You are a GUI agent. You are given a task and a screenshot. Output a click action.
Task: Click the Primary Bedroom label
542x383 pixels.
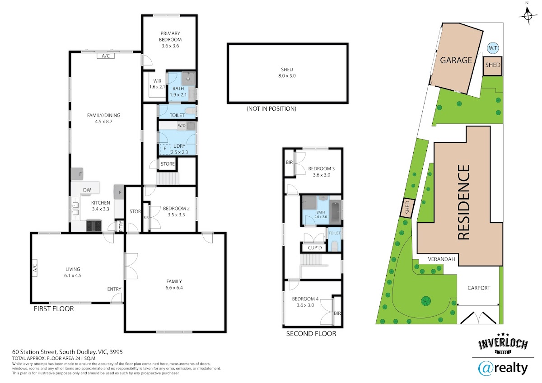click(x=170, y=39)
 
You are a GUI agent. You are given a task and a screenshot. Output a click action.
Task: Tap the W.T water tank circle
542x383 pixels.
click(x=493, y=48)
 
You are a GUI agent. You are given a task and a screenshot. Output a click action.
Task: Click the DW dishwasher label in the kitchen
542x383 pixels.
click(x=87, y=190)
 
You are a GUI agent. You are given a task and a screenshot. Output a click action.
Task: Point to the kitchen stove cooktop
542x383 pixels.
click(x=93, y=226)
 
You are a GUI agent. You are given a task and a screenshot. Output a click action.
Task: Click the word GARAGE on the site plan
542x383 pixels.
click(x=456, y=60)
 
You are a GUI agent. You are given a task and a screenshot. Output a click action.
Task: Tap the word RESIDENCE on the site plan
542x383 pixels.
click(x=464, y=202)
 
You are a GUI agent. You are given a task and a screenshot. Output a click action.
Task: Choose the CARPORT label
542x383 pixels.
click(x=479, y=288)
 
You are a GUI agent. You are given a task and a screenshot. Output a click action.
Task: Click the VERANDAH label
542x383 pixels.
click(x=441, y=259)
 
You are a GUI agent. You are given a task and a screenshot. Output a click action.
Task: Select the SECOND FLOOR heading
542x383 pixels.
click(x=311, y=334)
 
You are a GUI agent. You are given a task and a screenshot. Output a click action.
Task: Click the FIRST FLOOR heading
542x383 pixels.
click(x=54, y=309)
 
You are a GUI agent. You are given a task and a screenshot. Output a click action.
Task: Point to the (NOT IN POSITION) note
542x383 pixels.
click(x=271, y=109)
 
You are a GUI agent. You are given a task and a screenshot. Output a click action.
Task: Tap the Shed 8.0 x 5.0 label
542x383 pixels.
click(x=287, y=73)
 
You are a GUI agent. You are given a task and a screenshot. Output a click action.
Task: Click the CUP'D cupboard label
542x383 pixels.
click(x=315, y=248)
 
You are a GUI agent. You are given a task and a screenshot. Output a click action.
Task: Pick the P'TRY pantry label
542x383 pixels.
click(x=121, y=226)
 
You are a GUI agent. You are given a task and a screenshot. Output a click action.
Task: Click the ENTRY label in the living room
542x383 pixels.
click(x=114, y=289)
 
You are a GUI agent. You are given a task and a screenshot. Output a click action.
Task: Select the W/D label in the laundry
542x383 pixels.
click(x=182, y=126)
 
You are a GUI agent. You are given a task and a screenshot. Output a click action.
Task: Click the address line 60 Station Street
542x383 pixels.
click(x=67, y=352)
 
